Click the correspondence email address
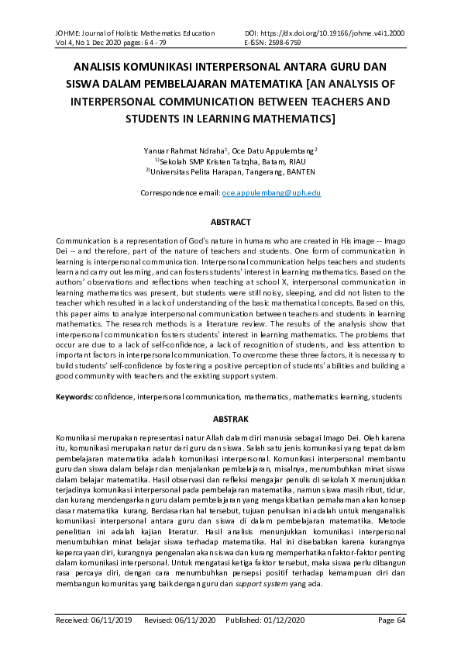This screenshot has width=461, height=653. (271, 192)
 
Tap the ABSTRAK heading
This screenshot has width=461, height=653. (230, 419)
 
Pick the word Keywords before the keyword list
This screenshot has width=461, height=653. (74, 397)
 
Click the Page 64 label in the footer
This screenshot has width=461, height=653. (390, 621)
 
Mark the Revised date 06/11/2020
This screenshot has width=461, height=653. (197, 621)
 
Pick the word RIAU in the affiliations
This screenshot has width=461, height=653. (287, 161)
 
